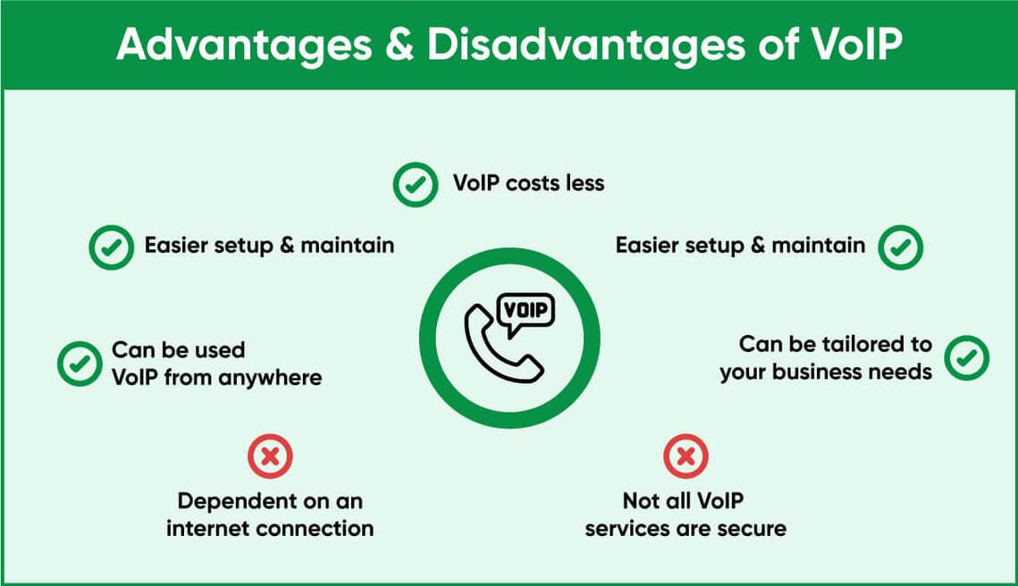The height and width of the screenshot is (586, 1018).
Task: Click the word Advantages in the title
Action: [244, 46]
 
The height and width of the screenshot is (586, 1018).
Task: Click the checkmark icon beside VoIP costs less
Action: [416, 185]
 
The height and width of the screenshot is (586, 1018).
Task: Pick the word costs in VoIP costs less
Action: [533, 184]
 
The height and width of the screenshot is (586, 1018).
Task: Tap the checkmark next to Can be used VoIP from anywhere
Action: [80, 364]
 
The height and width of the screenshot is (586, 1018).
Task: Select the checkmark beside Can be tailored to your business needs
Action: [967, 357]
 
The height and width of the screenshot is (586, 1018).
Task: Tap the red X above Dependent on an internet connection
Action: [270, 456]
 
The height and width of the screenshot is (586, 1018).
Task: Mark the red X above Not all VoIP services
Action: [686, 456]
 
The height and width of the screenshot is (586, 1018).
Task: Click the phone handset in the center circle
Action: [502, 344]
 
